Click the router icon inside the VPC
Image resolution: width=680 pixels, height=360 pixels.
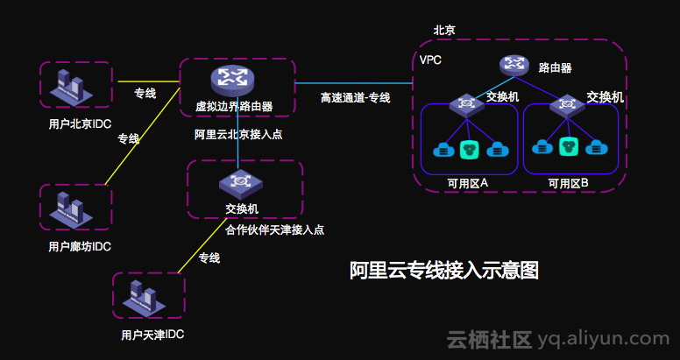[514, 65]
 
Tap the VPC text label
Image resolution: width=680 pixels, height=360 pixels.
[430, 60]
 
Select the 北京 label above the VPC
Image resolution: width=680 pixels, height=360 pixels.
[444, 30]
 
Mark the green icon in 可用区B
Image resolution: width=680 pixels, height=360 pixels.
[570, 146]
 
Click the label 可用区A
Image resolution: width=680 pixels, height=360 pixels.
[467, 182]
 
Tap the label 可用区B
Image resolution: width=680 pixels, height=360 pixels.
[568, 183]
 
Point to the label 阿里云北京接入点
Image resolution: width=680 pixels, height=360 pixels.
[238, 135]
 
